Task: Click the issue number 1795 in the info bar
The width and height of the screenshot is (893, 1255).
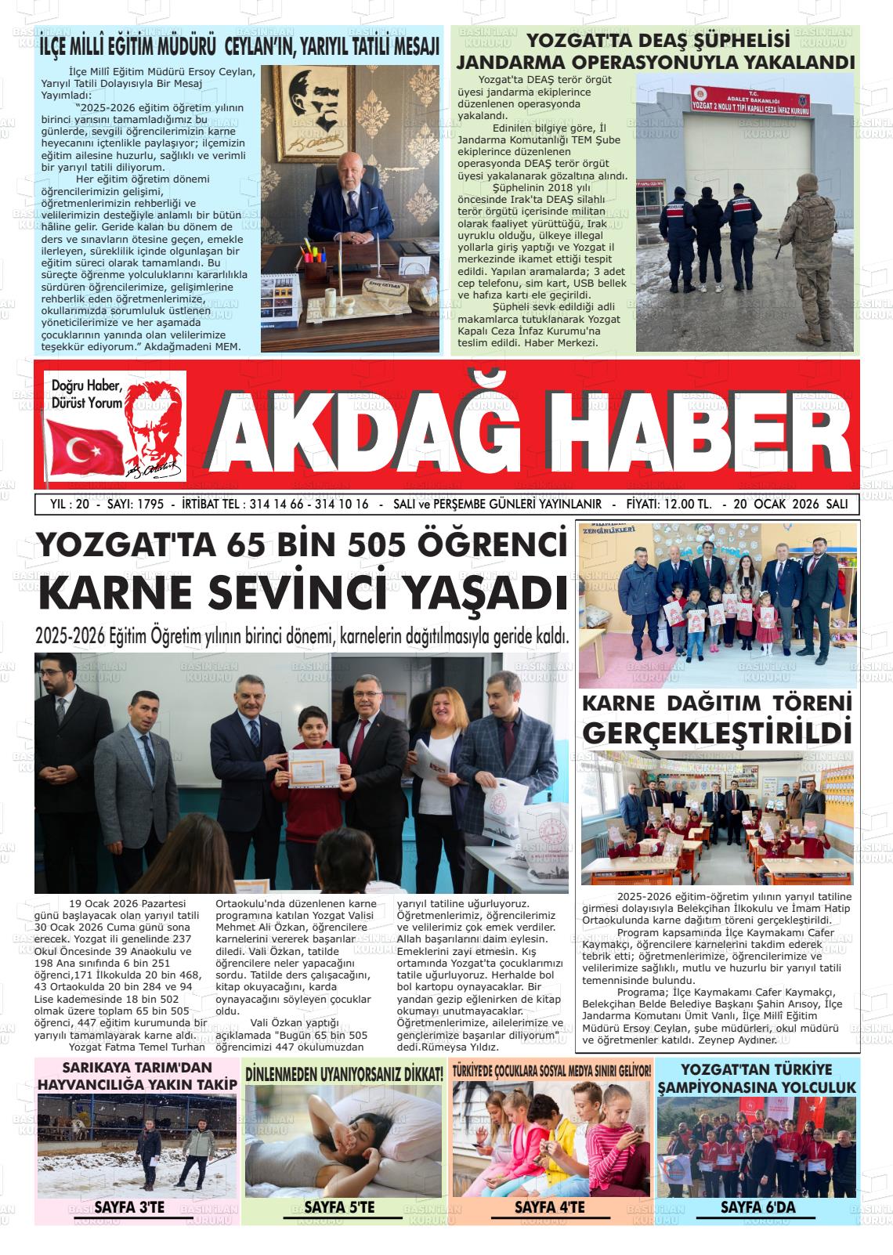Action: click(x=149, y=505)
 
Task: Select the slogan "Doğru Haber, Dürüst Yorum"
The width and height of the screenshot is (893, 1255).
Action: click(x=87, y=394)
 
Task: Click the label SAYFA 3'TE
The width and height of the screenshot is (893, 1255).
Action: click(x=129, y=1207)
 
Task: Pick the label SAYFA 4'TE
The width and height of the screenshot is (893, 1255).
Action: click(x=549, y=1207)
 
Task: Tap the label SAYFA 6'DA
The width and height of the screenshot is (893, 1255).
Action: click(x=757, y=1207)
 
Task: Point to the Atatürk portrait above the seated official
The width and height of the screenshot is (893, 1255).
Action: click(x=321, y=110)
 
